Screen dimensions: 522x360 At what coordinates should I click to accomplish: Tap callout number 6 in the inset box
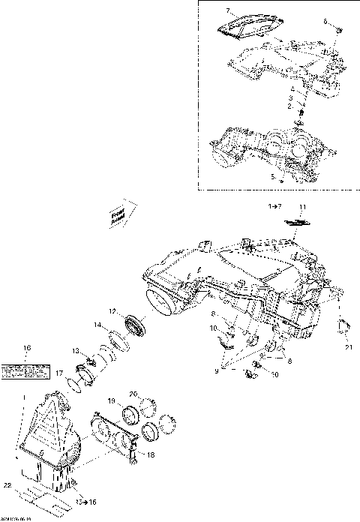pos(326,22)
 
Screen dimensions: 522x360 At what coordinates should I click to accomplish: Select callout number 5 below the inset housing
pos(272,177)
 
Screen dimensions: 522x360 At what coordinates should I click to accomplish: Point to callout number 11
pos(304,206)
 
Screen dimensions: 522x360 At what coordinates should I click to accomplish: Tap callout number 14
pos(97,325)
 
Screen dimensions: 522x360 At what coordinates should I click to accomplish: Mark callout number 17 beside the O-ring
pos(59,373)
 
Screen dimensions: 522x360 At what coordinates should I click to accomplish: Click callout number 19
pos(110,401)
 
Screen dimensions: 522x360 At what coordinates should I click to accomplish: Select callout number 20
pos(133,394)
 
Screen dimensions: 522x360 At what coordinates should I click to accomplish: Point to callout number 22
pos(6,484)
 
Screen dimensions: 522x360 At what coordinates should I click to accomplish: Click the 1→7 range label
pos(276,205)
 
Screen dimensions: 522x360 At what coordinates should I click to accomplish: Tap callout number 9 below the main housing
pos(215,370)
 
